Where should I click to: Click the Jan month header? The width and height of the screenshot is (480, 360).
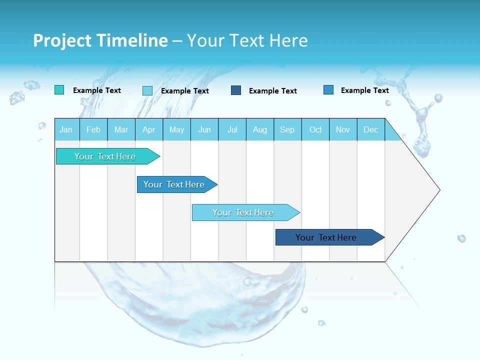tap(66, 129)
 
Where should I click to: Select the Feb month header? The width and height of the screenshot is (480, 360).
tap(93, 129)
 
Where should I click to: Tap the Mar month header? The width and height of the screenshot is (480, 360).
tap(121, 129)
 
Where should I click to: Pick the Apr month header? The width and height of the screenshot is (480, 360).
tap(149, 129)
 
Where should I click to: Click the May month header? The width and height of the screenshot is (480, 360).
tap(176, 129)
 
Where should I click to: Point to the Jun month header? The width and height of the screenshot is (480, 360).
tap(204, 129)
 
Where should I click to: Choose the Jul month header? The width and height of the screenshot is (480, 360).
tap(232, 129)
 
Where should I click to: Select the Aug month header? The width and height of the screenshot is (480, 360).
tap(260, 129)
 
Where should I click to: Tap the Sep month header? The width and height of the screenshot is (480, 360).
tap(287, 129)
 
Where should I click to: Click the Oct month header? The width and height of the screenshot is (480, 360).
tap(315, 129)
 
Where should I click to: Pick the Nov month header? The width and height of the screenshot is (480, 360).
tap(343, 129)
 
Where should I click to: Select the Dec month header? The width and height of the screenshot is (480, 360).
tap(371, 129)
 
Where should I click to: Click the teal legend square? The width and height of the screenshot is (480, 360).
tap(59, 90)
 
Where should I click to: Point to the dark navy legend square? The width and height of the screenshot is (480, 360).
tap(236, 90)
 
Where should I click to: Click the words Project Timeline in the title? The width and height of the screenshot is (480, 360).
tap(100, 40)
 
